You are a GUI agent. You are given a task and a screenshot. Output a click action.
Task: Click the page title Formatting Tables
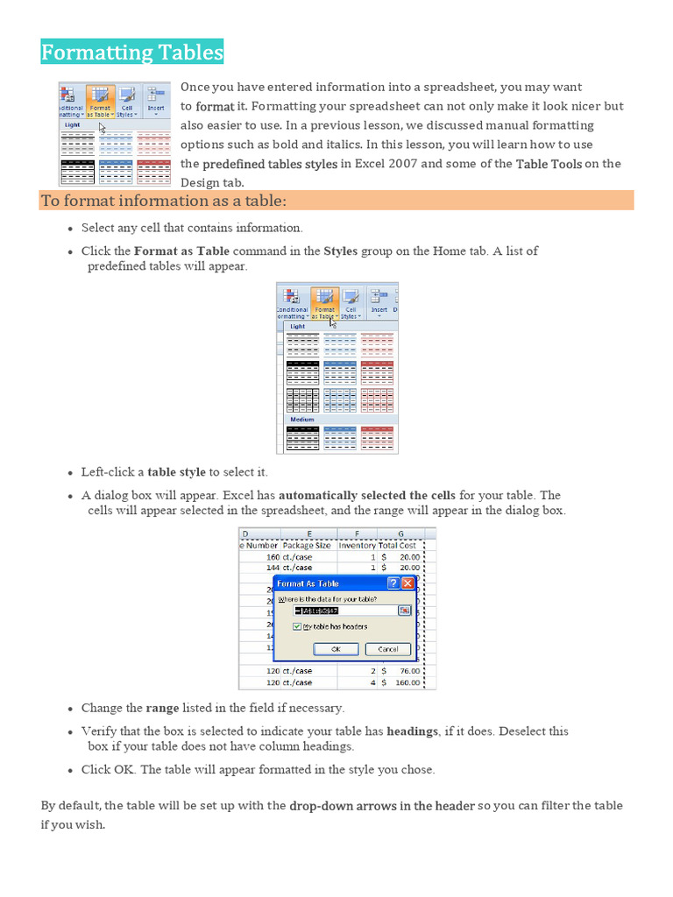[x=132, y=53]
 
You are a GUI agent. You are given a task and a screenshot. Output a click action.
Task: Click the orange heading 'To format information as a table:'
[x=164, y=202]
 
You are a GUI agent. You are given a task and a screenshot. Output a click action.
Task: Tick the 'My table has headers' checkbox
[x=297, y=627]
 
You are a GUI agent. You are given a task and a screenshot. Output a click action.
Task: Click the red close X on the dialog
[x=407, y=583]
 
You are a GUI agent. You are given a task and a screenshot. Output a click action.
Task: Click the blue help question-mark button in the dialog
[x=393, y=583]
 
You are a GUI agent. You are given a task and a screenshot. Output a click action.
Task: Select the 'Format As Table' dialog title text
[x=308, y=583]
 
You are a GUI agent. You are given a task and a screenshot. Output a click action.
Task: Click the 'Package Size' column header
[x=307, y=545]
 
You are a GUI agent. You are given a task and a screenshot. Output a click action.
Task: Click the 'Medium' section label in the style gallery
[x=302, y=420]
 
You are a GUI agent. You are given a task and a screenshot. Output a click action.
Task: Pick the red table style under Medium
[x=378, y=438]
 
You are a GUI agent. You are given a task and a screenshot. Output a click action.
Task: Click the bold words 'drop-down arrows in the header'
[x=382, y=806]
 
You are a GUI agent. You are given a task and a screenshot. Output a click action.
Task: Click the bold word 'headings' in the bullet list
[x=412, y=731]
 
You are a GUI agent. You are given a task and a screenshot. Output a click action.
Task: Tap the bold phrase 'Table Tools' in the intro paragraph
[x=549, y=164]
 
